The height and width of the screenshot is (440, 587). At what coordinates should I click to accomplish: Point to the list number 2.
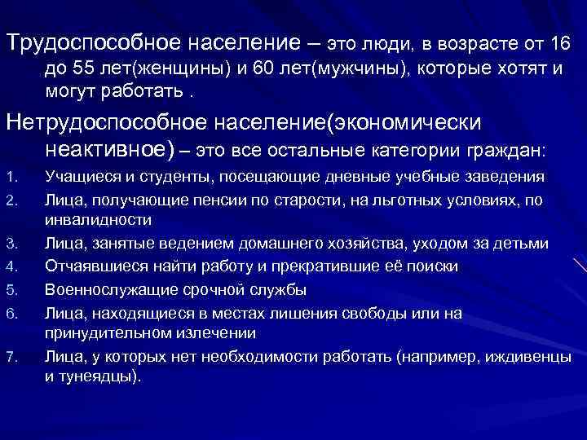pyautogui.click(x=10, y=199)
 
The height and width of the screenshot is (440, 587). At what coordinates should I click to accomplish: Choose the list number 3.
pyautogui.click(x=10, y=244)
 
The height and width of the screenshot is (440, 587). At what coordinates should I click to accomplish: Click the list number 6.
pyautogui.click(x=10, y=311)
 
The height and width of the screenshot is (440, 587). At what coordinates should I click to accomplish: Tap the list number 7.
pyautogui.click(x=10, y=356)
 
